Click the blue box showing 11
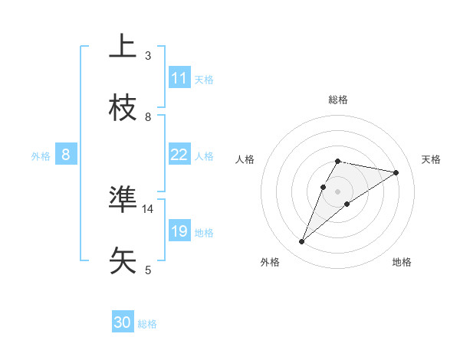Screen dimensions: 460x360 (x=179, y=78)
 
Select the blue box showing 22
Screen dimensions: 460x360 (x=179, y=155)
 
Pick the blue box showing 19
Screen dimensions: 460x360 (x=179, y=231)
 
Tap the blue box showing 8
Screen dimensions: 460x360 (x=66, y=155)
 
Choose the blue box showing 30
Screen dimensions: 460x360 (x=123, y=323)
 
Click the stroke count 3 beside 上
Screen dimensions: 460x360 (x=148, y=56)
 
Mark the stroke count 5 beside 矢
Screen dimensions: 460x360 (x=148, y=270)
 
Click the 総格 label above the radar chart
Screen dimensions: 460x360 (x=338, y=100)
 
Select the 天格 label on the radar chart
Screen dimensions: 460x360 (x=431, y=159)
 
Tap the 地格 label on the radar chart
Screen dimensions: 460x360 (x=402, y=262)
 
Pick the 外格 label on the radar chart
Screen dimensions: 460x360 (x=270, y=262)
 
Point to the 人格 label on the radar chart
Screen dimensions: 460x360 (x=245, y=159)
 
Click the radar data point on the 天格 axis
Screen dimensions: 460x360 (x=396, y=172)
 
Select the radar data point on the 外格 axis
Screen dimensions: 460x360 (x=302, y=242)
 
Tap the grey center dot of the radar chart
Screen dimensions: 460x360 (x=338, y=191)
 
